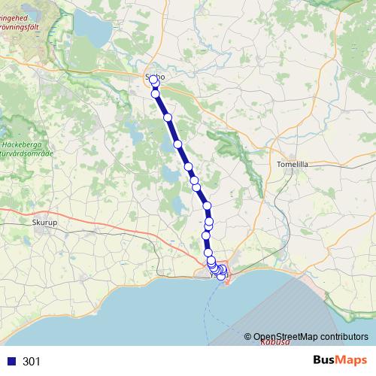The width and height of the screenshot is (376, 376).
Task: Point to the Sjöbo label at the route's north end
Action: (x=154, y=75)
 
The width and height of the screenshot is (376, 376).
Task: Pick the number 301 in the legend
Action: (x=32, y=362)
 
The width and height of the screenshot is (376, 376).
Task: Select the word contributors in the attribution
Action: (x=341, y=336)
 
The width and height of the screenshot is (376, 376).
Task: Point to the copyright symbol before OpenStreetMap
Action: (x=248, y=336)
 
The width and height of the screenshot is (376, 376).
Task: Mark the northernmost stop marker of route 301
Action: (x=153, y=80)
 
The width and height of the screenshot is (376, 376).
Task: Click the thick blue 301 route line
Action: (x=183, y=155)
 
